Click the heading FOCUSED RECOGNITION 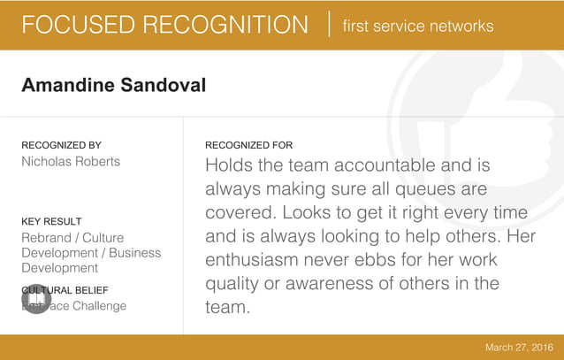coord(164,25)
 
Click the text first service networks coord(418,26)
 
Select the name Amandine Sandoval coord(113,86)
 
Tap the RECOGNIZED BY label coord(61,145)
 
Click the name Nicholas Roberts coord(71,162)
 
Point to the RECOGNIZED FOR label coord(248,145)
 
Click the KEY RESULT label coord(51,221)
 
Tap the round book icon coord(36,301)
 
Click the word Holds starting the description coord(229,165)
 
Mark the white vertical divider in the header coord(329,25)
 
